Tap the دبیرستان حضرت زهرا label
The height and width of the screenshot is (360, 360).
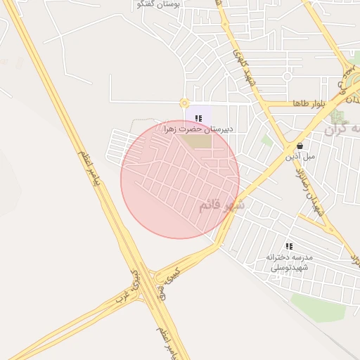tap(198, 129)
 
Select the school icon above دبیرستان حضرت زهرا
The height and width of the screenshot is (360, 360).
tap(199, 118)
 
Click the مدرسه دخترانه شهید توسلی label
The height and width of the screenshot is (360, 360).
tap(292, 262)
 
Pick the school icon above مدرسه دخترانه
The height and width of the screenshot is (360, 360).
tap(289, 246)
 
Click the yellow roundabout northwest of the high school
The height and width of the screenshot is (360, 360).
tap(184, 103)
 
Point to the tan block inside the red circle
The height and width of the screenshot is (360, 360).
tap(197, 141)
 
